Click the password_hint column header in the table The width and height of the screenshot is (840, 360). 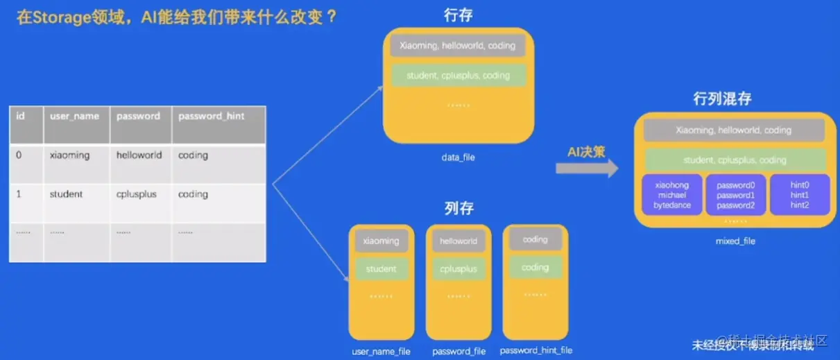coord(211,116)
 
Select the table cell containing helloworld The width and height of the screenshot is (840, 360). coord(139,155)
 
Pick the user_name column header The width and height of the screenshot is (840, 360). coord(74,116)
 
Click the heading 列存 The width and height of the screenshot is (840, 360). coord(458,207)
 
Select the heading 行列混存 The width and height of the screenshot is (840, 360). coord(722,98)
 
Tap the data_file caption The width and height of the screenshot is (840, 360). coord(458,157)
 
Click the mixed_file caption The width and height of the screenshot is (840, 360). coord(735,241)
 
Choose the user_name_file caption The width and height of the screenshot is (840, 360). coord(381,351)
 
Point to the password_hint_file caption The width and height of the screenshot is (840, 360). coord(536,350)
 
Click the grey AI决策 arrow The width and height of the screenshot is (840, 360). coord(586,167)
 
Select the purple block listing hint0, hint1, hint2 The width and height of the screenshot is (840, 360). coord(800,195)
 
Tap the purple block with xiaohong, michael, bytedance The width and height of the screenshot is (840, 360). coord(671,195)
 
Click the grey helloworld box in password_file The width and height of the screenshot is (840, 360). coord(458,241)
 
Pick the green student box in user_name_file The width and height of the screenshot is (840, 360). coord(381,268)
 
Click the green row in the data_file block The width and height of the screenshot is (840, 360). coord(458,76)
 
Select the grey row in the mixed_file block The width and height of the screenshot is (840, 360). coord(733,130)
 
